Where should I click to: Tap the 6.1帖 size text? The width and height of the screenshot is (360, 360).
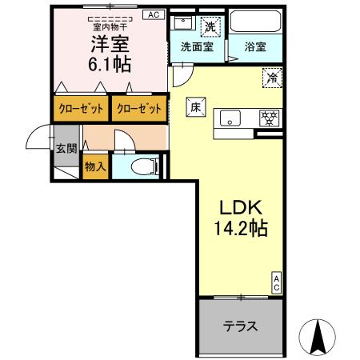pos(110,65)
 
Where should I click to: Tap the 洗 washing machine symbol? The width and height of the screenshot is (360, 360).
pos(209,26)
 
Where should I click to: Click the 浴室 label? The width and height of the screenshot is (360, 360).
pos(255,46)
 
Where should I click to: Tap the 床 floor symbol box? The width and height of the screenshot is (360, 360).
pos(195,106)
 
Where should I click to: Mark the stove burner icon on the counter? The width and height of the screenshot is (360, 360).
pos(269,118)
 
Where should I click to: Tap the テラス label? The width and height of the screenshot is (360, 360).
pos(239,326)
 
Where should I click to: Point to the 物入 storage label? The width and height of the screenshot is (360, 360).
pos(94,168)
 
